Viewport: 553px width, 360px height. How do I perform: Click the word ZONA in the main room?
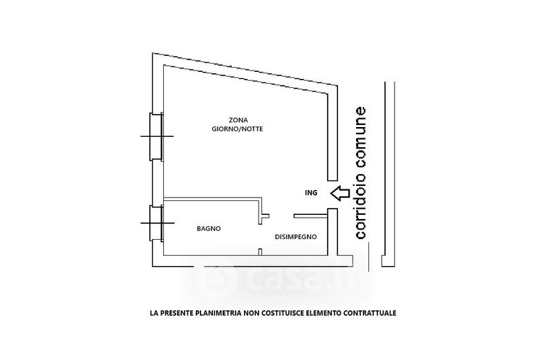click(238, 119)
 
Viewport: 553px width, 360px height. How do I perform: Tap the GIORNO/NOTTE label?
click(238, 129)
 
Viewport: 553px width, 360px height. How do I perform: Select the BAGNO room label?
click(208, 229)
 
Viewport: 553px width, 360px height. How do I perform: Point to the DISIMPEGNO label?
click(296, 236)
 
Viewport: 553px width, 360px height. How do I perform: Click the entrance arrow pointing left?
click(339, 193)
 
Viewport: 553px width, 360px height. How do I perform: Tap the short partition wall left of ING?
click(304, 215)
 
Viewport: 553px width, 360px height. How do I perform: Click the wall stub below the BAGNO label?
click(259, 252)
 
